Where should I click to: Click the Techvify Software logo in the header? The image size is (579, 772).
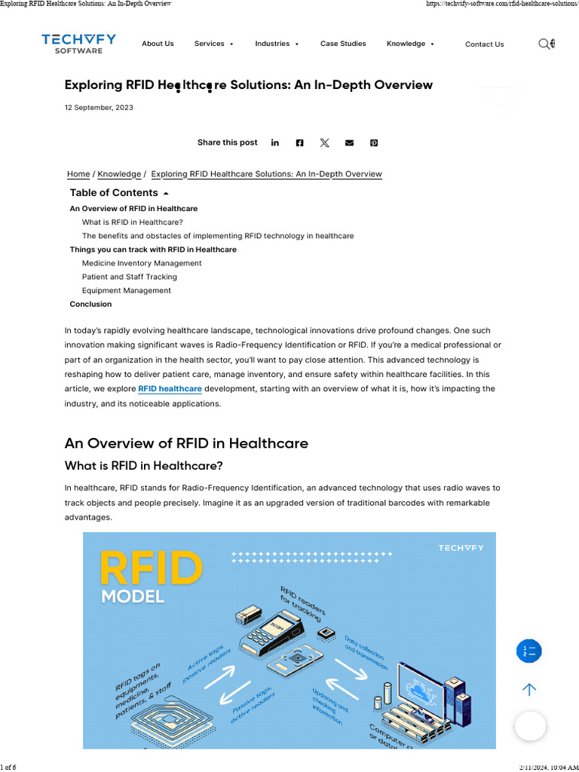pos(78,44)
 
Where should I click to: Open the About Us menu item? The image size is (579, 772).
pos(158,44)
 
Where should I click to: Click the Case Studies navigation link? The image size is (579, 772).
pos(343,44)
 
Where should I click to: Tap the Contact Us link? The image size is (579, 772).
pos(484,44)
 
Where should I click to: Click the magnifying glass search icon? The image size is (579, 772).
pos(544,44)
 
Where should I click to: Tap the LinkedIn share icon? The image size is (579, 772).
pos(275,142)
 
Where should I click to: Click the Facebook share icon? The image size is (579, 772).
pos(299,142)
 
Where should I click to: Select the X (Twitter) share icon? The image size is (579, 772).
pos(324,142)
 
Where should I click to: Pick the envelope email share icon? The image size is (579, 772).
pos(349,142)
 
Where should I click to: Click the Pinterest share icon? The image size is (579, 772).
pos(374,142)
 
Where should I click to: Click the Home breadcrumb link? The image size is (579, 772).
pos(78,174)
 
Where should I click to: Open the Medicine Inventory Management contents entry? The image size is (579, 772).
pos(142,263)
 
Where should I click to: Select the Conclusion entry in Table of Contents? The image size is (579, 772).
pos(90,305)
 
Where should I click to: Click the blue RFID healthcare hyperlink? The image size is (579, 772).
pos(170,389)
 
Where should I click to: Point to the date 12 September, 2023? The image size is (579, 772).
pos(99,108)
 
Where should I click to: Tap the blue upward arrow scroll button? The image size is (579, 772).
pos(529,689)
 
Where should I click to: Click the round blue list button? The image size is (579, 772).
pos(529,651)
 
